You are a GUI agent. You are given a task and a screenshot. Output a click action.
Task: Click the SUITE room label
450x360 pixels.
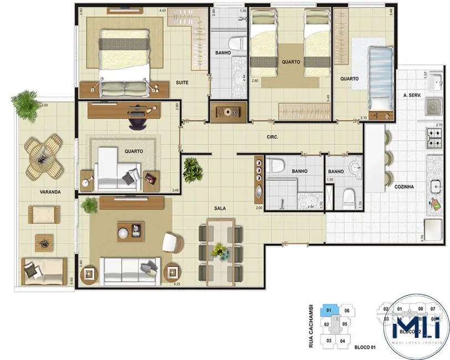coord(182,83)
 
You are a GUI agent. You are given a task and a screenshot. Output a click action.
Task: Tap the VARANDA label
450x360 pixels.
coord(50,192)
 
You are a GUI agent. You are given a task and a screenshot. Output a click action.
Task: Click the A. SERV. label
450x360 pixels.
coord(413,96)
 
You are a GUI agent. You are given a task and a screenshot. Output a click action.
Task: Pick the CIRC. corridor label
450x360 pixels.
coord(272,136)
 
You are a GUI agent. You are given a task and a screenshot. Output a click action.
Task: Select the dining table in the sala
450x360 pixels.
coord(220,250)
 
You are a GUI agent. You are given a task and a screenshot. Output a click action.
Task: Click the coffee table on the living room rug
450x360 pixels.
coord(130,231)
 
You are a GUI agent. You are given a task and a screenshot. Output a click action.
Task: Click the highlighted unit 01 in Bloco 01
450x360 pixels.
coord(328,311)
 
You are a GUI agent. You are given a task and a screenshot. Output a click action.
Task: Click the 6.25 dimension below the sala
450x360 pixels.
coord(177,284)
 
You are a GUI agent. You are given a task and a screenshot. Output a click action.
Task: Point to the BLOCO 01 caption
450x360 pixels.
coord(365,347)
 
